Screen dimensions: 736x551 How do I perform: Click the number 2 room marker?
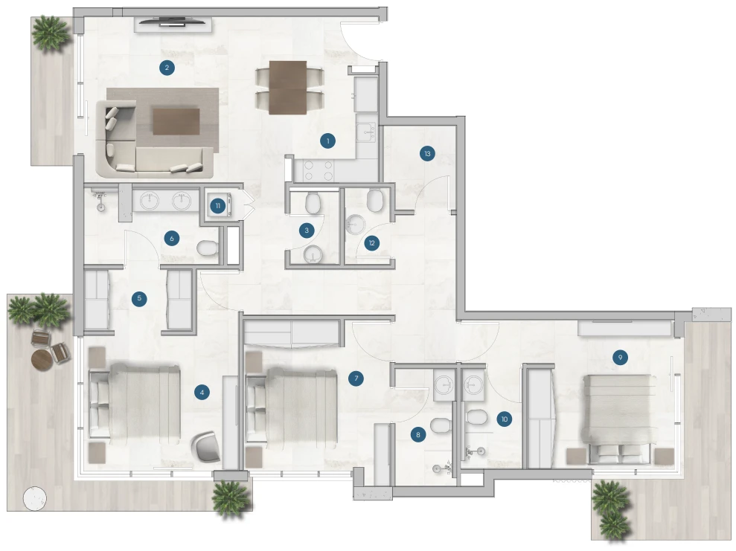[167, 68]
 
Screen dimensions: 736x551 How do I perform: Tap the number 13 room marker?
[427, 153]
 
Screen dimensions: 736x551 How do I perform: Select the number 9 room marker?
[620, 358]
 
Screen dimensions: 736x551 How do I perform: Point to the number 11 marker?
[218, 206]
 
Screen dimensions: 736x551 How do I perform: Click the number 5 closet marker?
[139, 298]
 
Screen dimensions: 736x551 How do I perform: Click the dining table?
[288, 88]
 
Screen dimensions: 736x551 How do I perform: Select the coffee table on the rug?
[176, 121]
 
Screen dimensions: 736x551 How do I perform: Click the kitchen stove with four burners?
[319, 170]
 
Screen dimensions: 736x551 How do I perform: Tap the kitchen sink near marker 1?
[366, 132]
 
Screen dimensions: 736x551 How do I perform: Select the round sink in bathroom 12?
[355, 225]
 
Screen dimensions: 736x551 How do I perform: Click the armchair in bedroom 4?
[206, 445]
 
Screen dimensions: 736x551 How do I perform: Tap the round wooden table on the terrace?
[42, 360]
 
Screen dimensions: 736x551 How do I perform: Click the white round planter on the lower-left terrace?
[35, 497]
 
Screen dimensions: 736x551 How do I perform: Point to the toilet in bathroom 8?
[441, 426]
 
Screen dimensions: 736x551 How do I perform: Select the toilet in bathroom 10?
[476, 417]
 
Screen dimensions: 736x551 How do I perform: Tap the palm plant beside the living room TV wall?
[51, 33]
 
